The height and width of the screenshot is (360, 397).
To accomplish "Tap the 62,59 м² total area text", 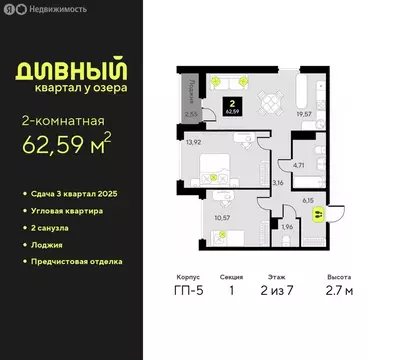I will tap(67, 147).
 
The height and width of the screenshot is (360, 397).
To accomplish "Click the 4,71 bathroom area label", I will tap(298, 169).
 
